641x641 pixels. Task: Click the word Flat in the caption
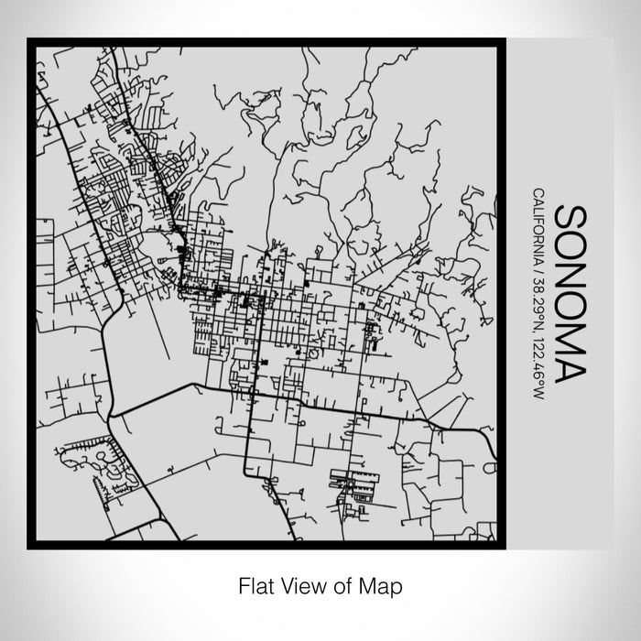(255, 582)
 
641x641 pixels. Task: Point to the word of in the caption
(336, 582)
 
